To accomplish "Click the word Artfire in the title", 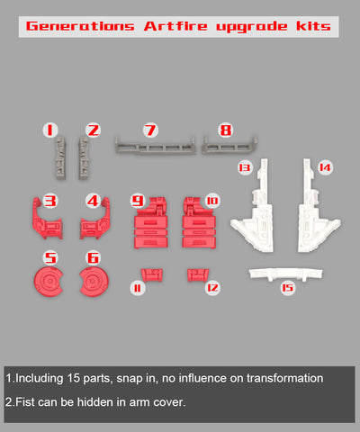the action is (175, 26).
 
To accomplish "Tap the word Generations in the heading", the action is (80, 26).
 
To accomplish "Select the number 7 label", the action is (150, 130).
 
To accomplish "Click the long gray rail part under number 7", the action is (156, 146).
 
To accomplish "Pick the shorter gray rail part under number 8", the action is (229, 145).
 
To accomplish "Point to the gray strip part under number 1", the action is (60, 158).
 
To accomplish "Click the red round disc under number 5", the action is (49, 282).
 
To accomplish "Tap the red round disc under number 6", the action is (94, 282).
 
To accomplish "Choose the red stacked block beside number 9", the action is (151, 223).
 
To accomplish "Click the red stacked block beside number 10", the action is (199, 223).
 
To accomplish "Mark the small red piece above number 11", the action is (152, 275).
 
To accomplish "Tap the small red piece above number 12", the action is (198, 275).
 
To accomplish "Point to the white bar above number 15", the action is (285, 274).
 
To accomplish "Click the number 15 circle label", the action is (287, 288).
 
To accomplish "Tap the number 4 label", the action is (94, 201).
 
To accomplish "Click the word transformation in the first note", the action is (284, 378).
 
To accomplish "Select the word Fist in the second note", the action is (25, 402).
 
